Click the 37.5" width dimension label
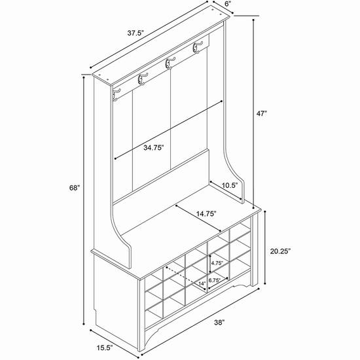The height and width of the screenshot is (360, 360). click(135, 33)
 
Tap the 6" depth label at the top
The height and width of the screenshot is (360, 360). click(228, 5)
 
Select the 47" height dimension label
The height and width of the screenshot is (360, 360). click(262, 113)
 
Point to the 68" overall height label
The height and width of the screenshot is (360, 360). click(75, 188)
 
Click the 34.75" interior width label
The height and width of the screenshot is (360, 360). click(154, 148)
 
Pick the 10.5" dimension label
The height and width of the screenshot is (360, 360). click(230, 185)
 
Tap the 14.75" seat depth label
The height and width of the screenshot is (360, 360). click(206, 214)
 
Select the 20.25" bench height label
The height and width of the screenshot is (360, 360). click(280, 251)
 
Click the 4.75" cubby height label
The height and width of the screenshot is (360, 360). click(217, 263)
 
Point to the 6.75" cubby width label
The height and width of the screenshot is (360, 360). click(215, 280)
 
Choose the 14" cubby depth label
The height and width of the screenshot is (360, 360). click(202, 283)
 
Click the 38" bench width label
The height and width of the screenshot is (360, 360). click(219, 323)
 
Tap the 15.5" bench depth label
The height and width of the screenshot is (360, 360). click(105, 348)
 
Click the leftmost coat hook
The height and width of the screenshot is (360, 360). click(116, 95)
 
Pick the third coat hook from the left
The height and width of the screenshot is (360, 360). click(170, 63)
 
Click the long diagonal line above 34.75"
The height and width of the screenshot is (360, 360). click(168, 130)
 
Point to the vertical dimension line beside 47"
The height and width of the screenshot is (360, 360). click(253, 114)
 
